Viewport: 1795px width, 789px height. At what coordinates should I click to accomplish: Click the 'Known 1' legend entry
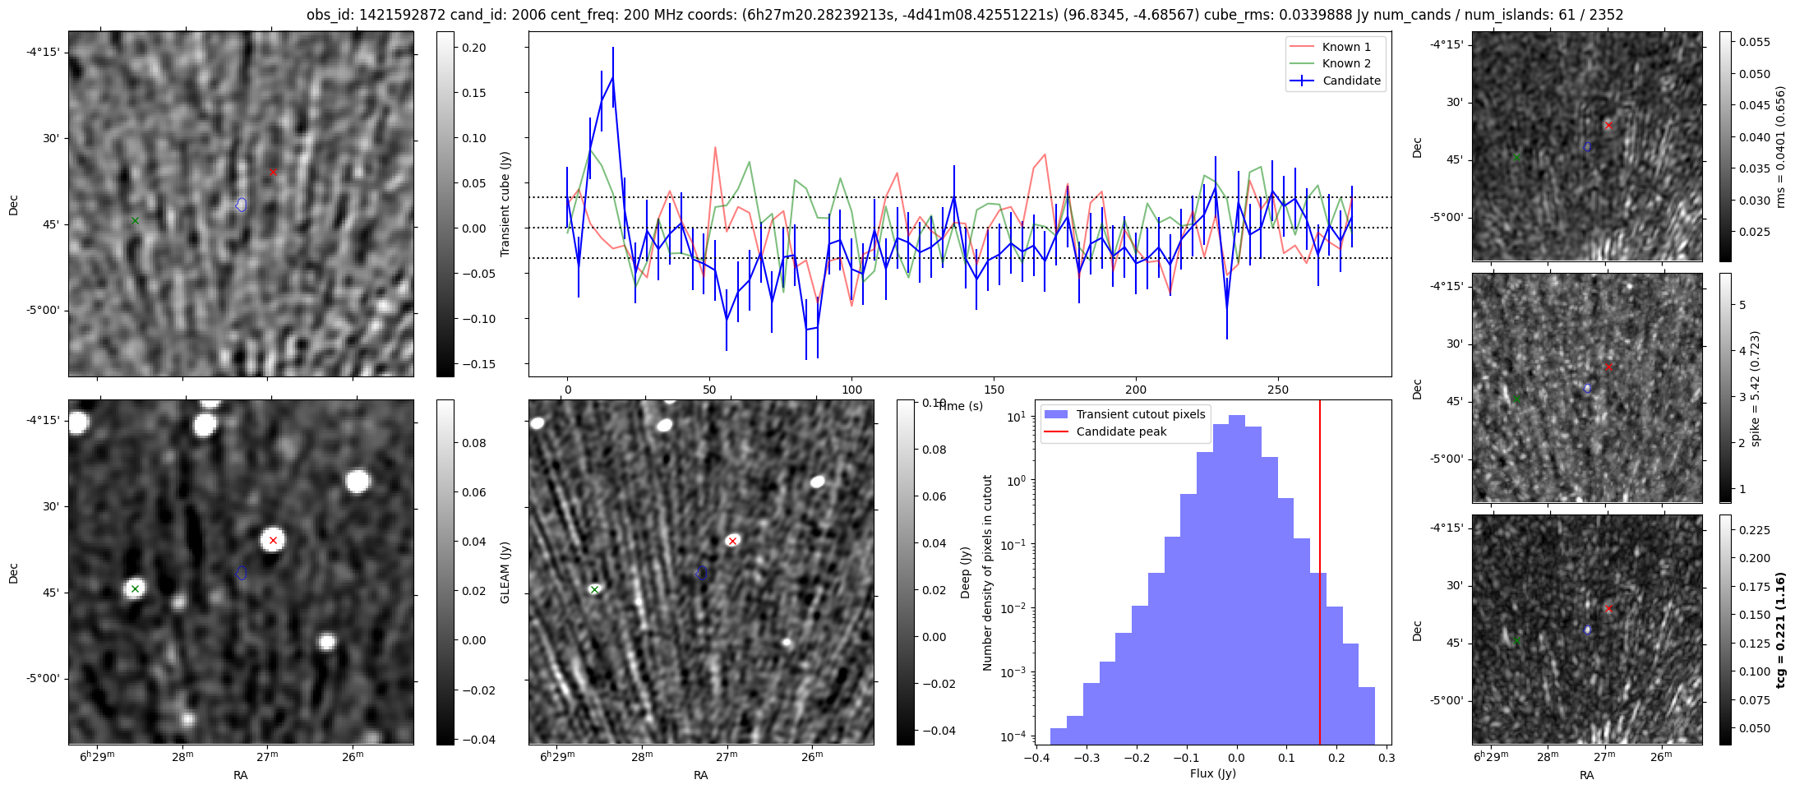[x=1346, y=47]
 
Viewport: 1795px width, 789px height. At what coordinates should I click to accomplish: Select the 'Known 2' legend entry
[x=1346, y=63]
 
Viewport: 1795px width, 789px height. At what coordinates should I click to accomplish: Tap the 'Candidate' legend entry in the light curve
[x=1351, y=81]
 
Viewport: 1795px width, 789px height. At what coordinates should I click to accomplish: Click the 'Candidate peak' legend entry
[x=1121, y=431]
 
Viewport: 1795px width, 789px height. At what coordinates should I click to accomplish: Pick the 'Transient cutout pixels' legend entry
[x=1141, y=414]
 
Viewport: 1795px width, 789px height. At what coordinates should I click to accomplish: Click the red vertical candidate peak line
[x=1320, y=575]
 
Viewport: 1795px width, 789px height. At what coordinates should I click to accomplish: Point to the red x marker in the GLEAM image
[x=273, y=540]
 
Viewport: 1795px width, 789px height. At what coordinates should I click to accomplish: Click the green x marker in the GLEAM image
[x=136, y=588]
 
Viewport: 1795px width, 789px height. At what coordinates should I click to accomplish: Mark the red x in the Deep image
[x=732, y=541]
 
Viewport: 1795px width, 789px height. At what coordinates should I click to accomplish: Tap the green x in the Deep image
[x=594, y=589]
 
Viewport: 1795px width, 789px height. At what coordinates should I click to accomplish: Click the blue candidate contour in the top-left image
[x=241, y=205]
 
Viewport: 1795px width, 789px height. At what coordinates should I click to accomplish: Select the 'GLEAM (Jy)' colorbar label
[x=505, y=572]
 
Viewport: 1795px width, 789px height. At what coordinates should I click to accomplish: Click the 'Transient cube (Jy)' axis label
[x=505, y=204]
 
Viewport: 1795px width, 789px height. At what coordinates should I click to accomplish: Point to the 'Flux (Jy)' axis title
[x=1212, y=773]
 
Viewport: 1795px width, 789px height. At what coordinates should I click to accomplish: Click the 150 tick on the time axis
[x=994, y=390]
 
